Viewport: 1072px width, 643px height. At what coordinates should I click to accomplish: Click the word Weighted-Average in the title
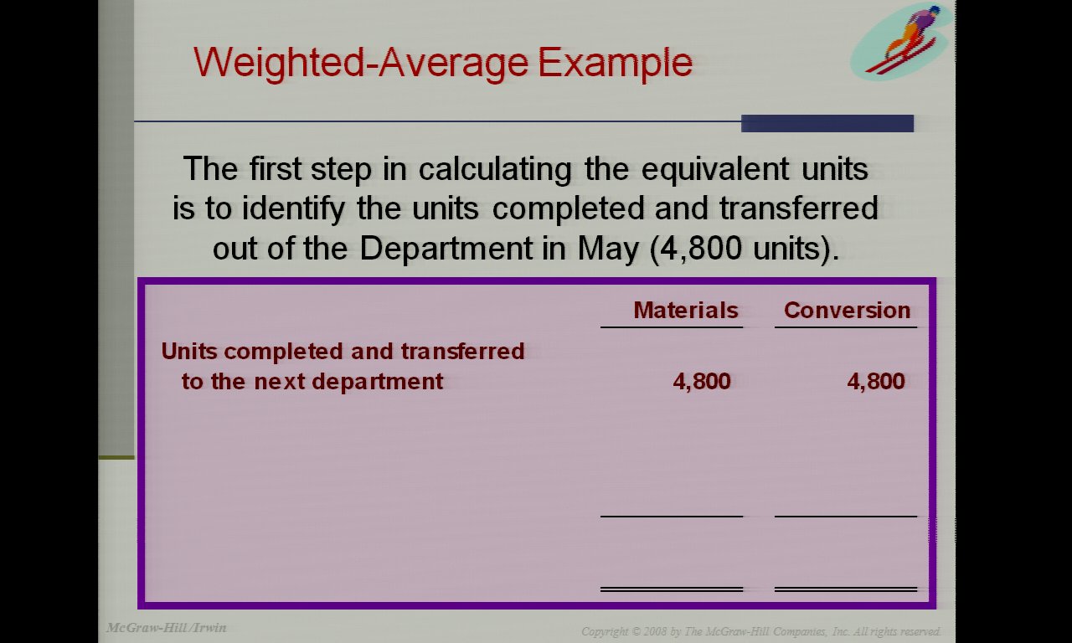point(361,63)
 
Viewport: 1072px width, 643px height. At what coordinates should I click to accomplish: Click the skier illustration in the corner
point(900,40)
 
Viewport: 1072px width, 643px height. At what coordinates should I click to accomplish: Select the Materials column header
point(686,310)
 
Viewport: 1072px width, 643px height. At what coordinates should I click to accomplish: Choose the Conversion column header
point(847,310)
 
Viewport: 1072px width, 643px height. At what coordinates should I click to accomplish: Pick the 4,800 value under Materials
point(702,382)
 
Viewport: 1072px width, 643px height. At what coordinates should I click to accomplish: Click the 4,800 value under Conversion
point(876,382)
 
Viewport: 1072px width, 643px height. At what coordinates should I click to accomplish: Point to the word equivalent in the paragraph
point(715,170)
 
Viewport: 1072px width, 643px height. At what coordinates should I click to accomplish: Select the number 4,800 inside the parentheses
point(702,249)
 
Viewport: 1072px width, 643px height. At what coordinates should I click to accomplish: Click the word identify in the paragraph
point(293,209)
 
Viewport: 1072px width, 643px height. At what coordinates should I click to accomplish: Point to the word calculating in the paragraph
point(495,170)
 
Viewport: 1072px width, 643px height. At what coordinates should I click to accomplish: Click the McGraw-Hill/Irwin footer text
point(166,627)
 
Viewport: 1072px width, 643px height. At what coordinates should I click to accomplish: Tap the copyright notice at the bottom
point(761,631)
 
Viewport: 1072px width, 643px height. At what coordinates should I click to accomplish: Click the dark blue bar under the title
point(827,123)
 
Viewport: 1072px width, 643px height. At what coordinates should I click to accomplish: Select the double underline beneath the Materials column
point(672,589)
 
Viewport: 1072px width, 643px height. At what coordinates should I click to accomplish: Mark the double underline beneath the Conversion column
point(846,589)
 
